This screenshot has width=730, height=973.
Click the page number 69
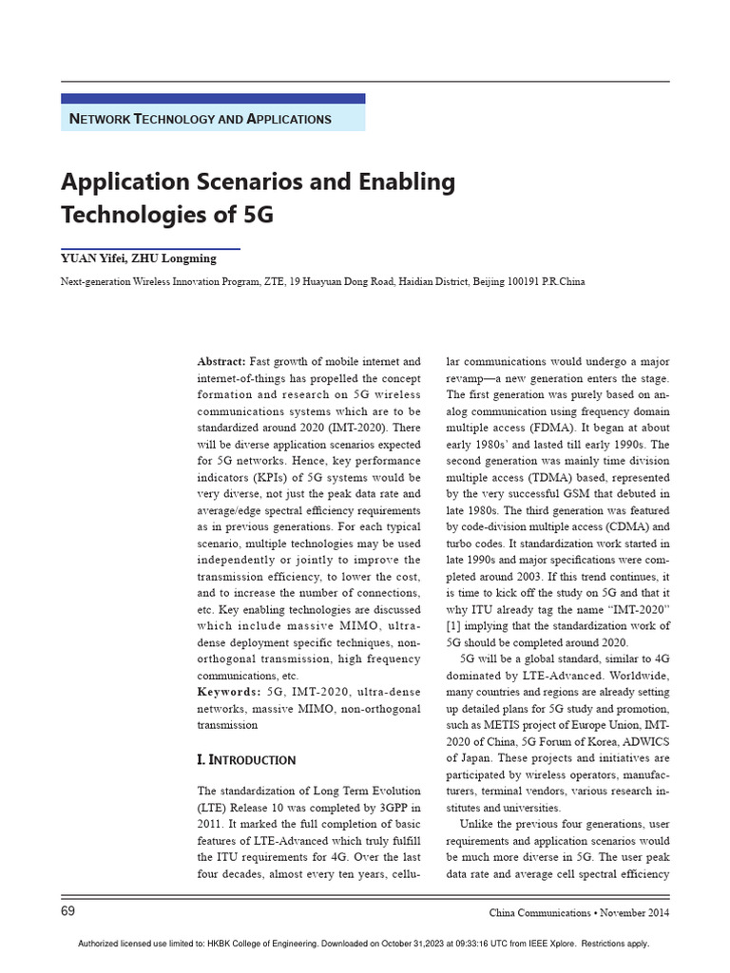click(x=68, y=912)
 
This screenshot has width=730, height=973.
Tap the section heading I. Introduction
click(x=246, y=760)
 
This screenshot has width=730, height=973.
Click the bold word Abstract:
click(x=221, y=362)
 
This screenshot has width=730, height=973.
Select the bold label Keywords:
click(x=228, y=691)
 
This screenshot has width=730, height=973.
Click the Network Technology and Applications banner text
click(x=201, y=119)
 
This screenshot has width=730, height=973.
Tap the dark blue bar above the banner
click(x=213, y=98)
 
